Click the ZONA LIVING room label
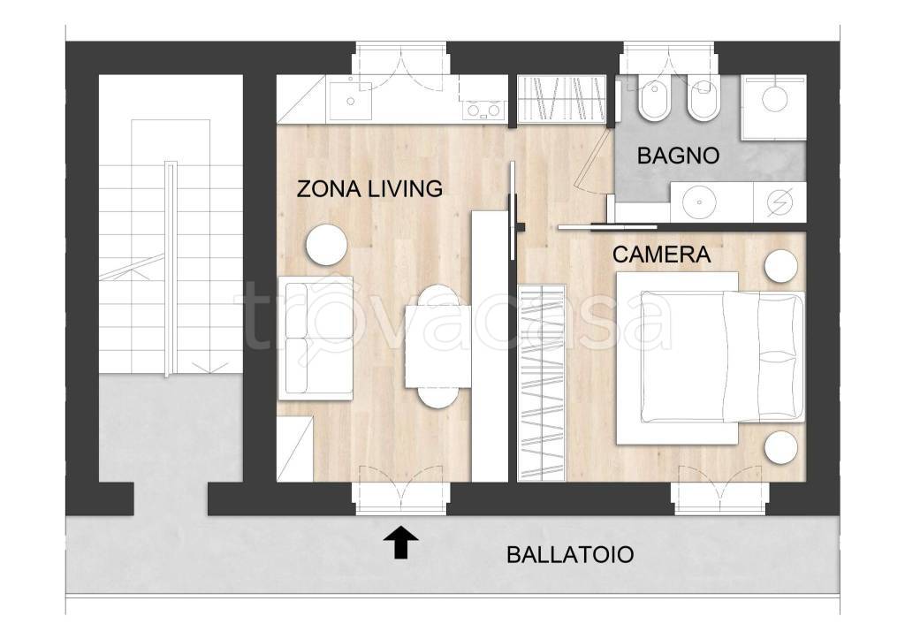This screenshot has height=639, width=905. (x=369, y=189)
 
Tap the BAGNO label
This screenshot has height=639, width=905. (x=678, y=156)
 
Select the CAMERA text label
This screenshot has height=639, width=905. (x=661, y=255)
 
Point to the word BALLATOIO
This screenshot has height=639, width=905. (x=570, y=555)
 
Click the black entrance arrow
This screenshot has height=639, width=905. (x=401, y=542)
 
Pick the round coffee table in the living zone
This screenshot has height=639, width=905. (x=327, y=245)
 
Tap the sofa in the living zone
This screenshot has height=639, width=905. (x=316, y=339)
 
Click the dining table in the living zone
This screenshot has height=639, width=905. (x=438, y=346)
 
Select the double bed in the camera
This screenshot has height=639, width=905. (x=711, y=358)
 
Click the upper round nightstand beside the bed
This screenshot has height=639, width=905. (x=781, y=266)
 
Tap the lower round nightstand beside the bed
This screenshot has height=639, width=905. (x=781, y=447)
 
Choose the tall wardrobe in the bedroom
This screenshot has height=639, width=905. (x=542, y=383)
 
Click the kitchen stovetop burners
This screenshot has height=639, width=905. (x=483, y=110)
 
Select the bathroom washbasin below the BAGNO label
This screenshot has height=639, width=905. (x=699, y=202)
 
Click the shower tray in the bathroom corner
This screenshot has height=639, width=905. (x=774, y=107)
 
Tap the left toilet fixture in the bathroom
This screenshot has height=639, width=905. (x=654, y=99)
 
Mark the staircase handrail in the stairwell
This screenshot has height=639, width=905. (x=167, y=269)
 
